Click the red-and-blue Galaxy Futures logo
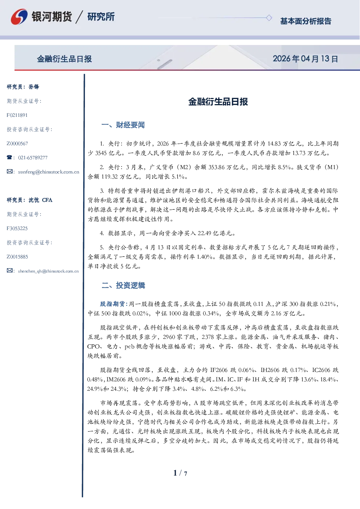(x=19, y=17)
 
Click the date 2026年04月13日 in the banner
(x=305, y=59)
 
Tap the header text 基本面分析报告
(x=306, y=21)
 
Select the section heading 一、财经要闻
(x=123, y=125)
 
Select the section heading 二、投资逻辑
(x=123, y=285)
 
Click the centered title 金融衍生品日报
(x=218, y=102)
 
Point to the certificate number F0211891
(x=17, y=115)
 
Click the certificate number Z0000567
(x=17, y=144)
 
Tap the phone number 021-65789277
(x=33, y=158)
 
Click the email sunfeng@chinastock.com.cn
(x=49, y=172)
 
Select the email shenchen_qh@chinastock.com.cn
(x=48, y=271)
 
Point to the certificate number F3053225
(x=17, y=228)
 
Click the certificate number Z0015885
(x=17, y=257)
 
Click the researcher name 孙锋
(x=34, y=87)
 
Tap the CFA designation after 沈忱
(x=47, y=200)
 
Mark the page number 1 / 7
(x=180, y=473)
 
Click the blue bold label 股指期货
(x=112, y=304)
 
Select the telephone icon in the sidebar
(x=9, y=157)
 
